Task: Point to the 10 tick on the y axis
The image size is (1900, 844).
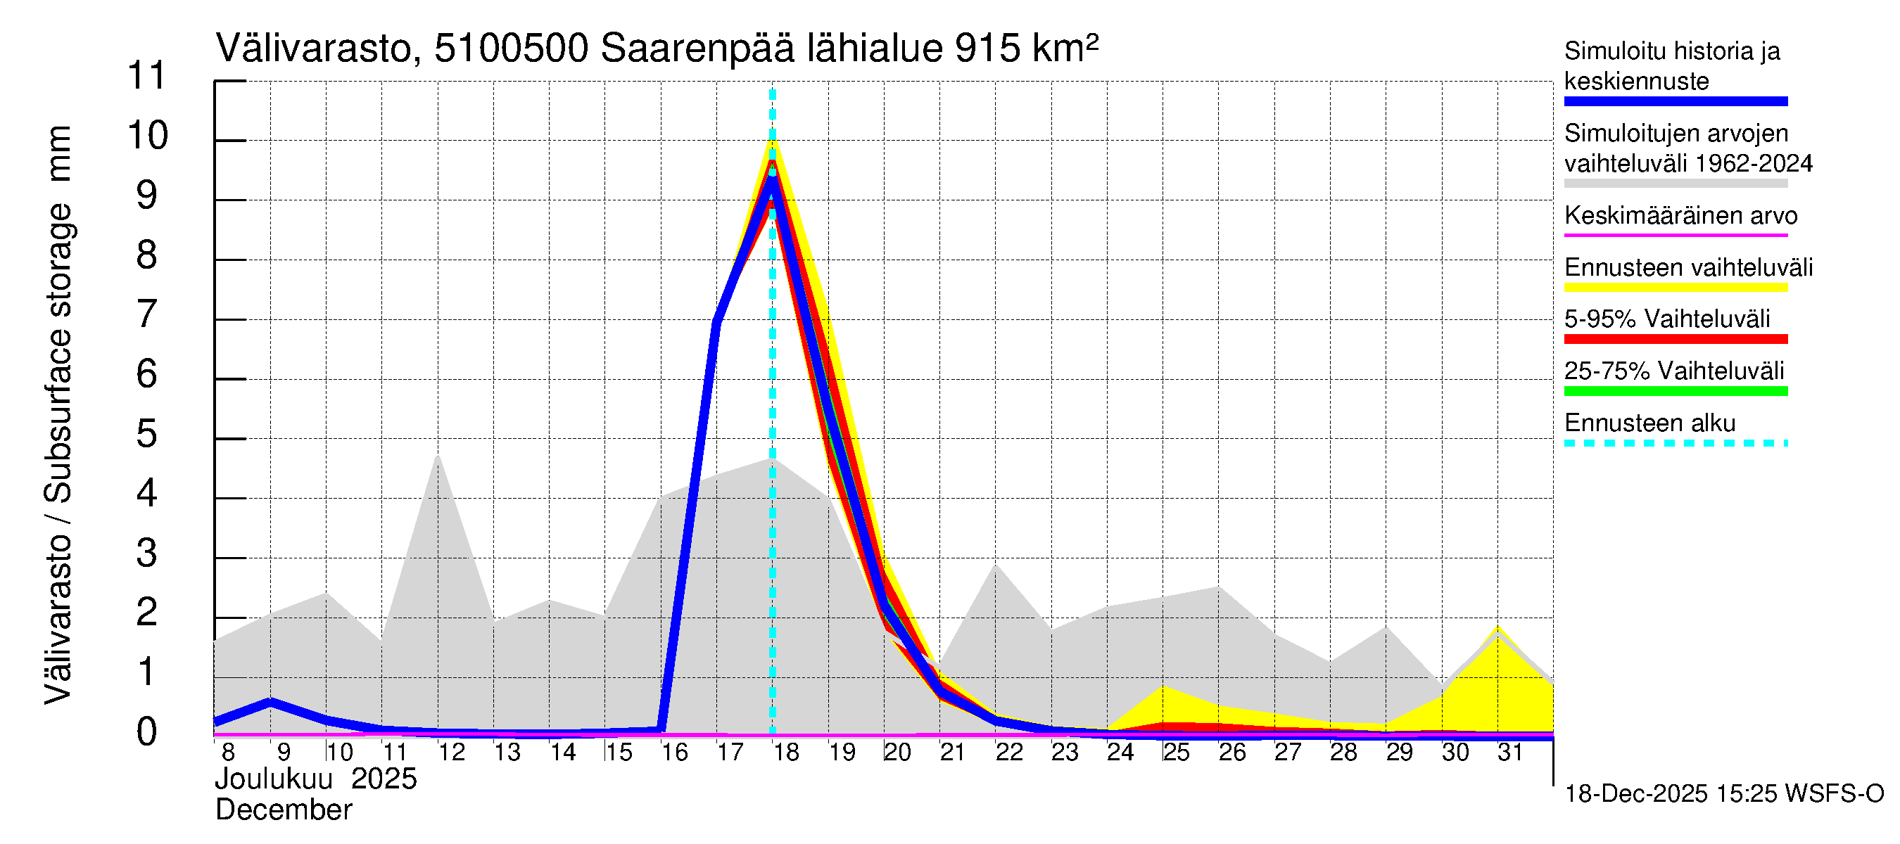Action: pyautogui.click(x=148, y=136)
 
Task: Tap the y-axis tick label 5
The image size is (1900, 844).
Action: pyautogui.click(x=147, y=434)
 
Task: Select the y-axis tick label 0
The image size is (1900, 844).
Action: pyautogui.click(x=147, y=732)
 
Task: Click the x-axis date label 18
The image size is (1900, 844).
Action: pyautogui.click(x=786, y=753)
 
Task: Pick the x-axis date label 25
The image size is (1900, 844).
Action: pyautogui.click(x=1177, y=753)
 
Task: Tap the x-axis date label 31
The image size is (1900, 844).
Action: pyautogui.click(x=1511, y=753)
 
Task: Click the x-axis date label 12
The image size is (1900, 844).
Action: pyautogui.click(x=451, y=753)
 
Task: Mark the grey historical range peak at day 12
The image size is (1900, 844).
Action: pyautogui.click(x=438, y=456)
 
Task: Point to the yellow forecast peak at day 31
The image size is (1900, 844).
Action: pyautogui.click(x=1497, y=628)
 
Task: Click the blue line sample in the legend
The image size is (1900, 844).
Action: pyautogui.click(x=1675, y=102)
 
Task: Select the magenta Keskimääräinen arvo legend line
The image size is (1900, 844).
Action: pyautogui.click(x=1675, y=235)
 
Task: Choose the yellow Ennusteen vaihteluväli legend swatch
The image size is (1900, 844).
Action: pyautogui.click(x=1675, y=288)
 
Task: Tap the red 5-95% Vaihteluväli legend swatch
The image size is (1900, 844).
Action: pyautogui.click(x=1675, y=339)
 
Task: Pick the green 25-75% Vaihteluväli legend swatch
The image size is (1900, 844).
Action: pyautogui.click(x=1675, y=392)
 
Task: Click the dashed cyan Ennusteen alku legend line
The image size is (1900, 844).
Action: pyautogui.click(x=1675, y=443)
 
